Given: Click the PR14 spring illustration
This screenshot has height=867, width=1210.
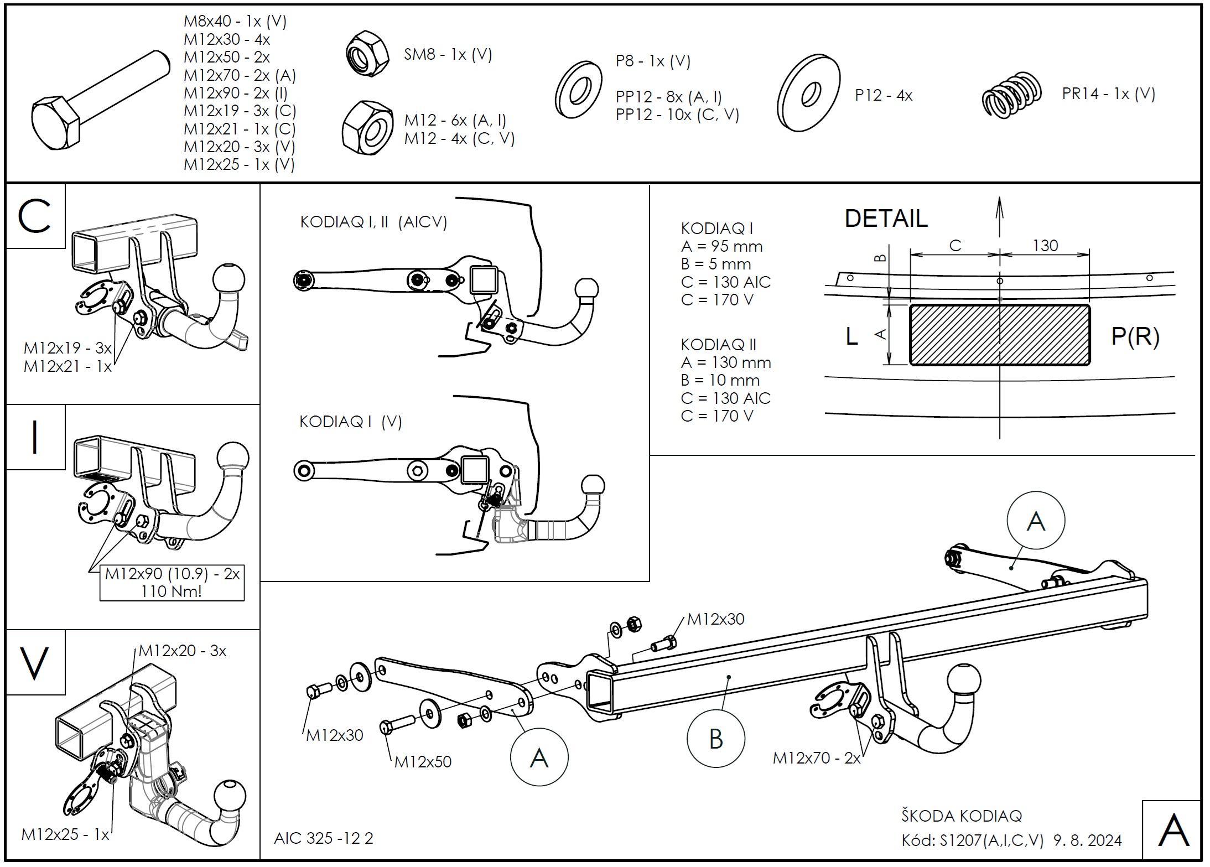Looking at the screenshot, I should point(1011,95).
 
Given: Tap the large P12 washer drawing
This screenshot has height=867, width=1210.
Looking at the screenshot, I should point(808,94).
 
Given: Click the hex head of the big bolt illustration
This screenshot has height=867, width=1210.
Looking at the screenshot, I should point(56,123).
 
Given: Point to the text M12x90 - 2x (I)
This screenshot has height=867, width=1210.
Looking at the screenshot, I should point(236,93).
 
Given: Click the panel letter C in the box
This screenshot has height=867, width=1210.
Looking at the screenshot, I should point(35,216).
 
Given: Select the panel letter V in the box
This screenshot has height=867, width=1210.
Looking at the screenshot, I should point(35,663).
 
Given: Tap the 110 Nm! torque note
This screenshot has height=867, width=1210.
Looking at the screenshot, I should point(172,591).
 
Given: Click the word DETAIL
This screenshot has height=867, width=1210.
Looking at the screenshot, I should point(886,218).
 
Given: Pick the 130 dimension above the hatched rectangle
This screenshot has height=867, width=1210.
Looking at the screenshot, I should point(1045,245).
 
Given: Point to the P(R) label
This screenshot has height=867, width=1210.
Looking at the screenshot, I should point(1135,336).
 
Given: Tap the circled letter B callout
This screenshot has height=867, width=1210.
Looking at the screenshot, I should point(715,739).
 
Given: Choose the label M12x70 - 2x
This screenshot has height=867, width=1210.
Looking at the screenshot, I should point(817,757).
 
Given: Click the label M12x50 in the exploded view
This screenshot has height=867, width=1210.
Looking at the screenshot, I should point(423,762).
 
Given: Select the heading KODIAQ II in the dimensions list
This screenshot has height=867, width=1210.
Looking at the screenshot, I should point(718,345).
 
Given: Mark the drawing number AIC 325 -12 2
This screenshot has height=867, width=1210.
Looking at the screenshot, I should point(324,838).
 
